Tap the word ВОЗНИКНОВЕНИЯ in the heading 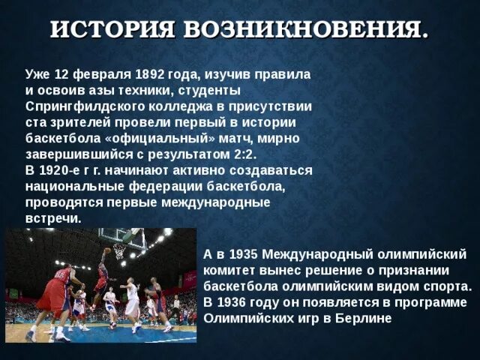point(306,31)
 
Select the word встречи point(52,218)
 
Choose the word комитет point(232,270)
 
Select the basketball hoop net point(118,252)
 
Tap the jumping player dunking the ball point(100,281)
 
